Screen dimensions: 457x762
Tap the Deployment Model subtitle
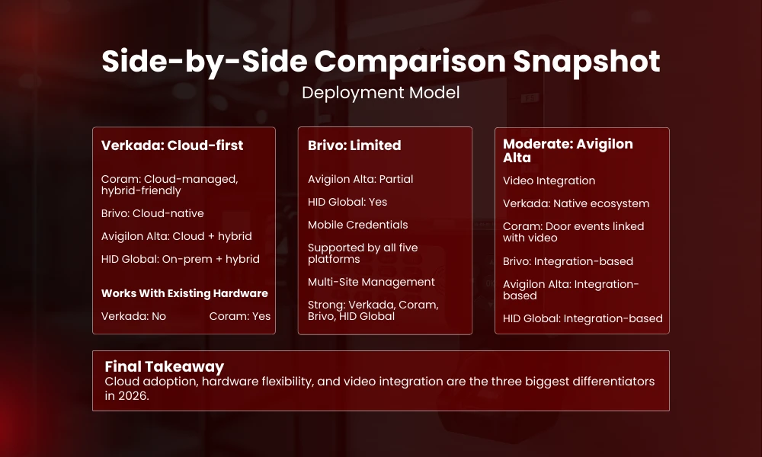click(x=380, y=93)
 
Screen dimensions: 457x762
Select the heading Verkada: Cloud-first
click(x=172, y=145)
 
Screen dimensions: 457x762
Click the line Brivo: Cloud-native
click(x=152, y=213)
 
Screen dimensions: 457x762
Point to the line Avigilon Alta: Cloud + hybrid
click(x=177, y=236)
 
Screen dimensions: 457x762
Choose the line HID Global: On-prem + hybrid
click(x=181, y=259)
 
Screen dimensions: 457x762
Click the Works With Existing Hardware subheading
click(x=184, y=293)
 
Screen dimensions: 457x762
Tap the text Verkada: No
click(x=133, y=316)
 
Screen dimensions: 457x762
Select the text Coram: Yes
click(x=240, y=316)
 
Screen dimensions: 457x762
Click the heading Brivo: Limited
click(x=354, y=145)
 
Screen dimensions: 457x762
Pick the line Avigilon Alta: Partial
click(x=360, y=179)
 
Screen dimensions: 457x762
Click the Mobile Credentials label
click(x=358, y=225)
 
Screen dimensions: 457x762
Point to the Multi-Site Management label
click(x=371, y=282)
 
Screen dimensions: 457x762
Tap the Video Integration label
click(x=549, y=181)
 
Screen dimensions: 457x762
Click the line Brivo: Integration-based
click(x=568, y=261)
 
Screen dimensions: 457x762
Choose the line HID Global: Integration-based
click(x=583, y=318)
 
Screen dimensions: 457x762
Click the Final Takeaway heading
click(x=165, y=366)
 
